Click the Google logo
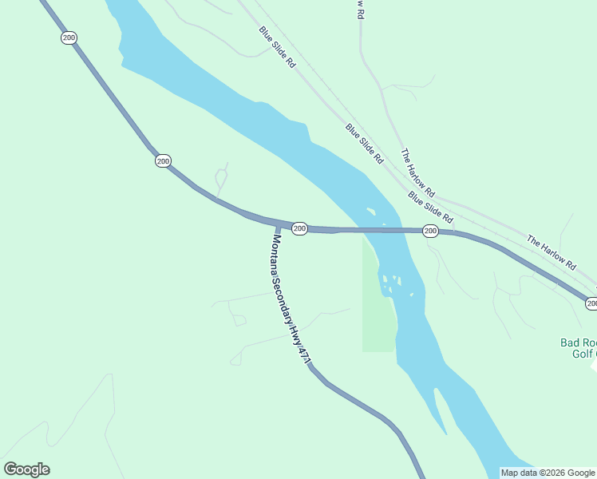pyautogui.click(x=27, y=469)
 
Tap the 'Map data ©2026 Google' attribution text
pyautogui.click(x=548, y=473)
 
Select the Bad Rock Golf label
pyautogui.click(x=578, y=347)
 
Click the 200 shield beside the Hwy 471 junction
pyautogui.click(x=299, y=229)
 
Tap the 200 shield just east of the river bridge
pyautogui.click(x=430, y=231)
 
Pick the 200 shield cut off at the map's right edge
pyautogui.click(x=591, y=303)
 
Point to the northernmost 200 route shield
pyautogui.click(x=69, y=38)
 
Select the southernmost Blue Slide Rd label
pyautogui.click(x=430, y=207)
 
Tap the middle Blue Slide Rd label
pyautogui.click(x=365, y=144)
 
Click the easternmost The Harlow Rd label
pyautogui.click(x=551, y=251)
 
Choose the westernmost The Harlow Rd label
pyautogui.click(x=417, y=173)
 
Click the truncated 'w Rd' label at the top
pyautogui.click(x=361, y=9)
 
